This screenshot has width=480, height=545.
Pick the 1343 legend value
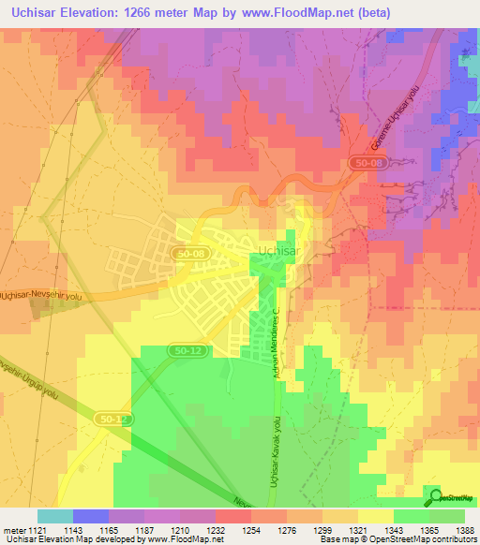(379, 530)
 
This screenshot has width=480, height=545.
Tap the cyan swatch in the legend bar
(55, 516)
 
